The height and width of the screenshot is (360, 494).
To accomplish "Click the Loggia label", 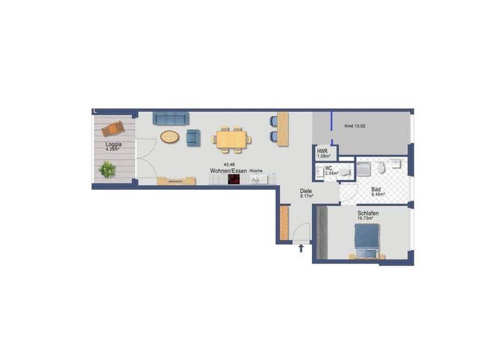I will point(114,145).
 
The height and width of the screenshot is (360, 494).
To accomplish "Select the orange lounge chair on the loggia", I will point(114,129).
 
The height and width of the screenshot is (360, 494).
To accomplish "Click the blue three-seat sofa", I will point(170,118).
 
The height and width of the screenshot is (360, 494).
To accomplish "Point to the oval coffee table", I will point(170,136).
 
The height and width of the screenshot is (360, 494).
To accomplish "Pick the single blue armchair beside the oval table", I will point(193,137).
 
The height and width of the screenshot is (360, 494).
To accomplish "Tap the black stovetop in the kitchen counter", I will point(234,180).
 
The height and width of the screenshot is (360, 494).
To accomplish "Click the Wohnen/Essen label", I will point(228,171).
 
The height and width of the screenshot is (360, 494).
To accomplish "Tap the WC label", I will point(328,168).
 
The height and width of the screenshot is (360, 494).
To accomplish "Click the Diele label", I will point(306,191).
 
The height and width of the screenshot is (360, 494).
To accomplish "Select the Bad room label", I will point(376,190).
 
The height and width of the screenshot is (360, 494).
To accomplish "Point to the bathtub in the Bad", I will point(364,168).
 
